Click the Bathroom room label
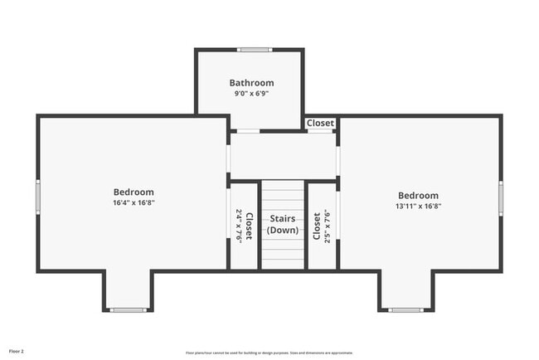(x=251, y=83)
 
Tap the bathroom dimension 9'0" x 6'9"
(x=251, y=94)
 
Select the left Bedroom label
(x=134, y=192)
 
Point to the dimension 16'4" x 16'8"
(x=134, y=202)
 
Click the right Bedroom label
(x=418, y=196)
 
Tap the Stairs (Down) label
(x=283, y=224)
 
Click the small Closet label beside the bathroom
(x=321, y=123)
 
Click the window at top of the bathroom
(x=254, y=50)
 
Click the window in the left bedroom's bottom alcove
(x=129, y=310)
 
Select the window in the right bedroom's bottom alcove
(x=406, y=310)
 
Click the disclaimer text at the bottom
(x=269, y=352)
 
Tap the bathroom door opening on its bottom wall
(x=248, y=131)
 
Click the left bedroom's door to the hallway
(x=229, y=158)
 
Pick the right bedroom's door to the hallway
(x=337, y=158)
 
